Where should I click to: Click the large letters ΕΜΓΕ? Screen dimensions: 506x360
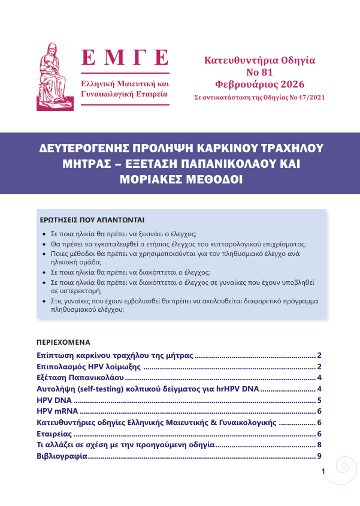(x=125, y=59)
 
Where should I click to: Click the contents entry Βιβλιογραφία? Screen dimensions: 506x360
(x=62, y=456)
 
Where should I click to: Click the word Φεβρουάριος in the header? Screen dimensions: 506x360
(x=243, y=84)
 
